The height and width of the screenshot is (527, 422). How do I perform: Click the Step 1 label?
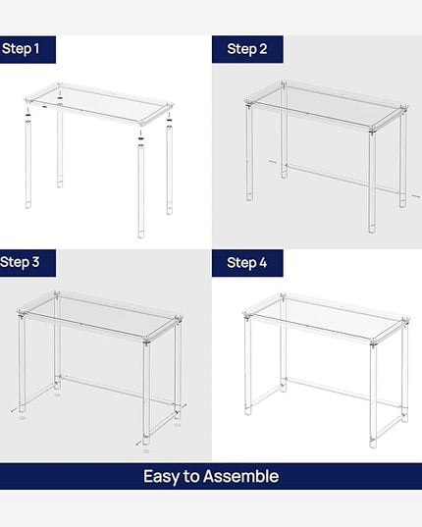coord(21,49)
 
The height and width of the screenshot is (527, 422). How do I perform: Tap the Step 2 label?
coord(247,49)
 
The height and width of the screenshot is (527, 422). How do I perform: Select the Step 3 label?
coord(20,262)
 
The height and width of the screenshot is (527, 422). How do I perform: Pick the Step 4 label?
coord(247,262)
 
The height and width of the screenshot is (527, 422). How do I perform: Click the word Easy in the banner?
coord(161,477)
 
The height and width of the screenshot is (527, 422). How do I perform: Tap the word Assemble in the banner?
coord(240,476)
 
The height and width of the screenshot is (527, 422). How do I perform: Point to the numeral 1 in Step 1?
coord(36,49)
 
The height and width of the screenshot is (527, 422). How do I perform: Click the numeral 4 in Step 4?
coord(262,262)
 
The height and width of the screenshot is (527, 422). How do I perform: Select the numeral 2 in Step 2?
coord(263,49)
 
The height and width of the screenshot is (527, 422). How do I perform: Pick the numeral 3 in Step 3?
coord(35,262)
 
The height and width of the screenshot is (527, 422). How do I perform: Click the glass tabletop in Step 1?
coord(99,104)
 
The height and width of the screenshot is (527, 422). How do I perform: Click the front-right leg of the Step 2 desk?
coord(372,182)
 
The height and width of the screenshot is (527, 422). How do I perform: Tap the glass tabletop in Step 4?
coord(326,318)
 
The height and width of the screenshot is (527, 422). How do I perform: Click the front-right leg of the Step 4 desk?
coord(373,395)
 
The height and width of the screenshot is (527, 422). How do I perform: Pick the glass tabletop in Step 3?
coord(100,315)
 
